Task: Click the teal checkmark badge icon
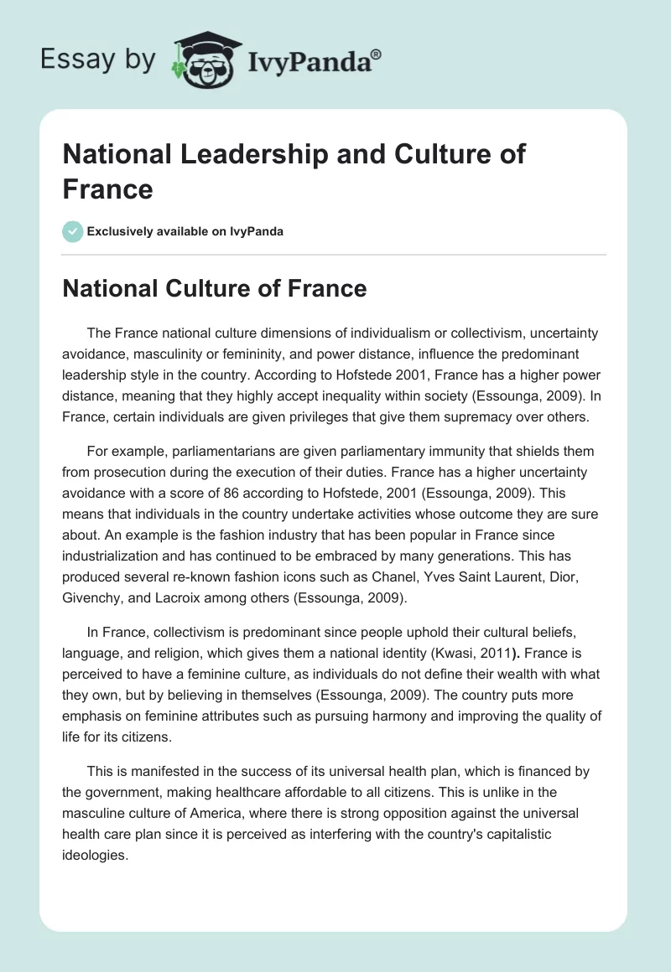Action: pos(73,231)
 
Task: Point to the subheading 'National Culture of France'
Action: pos(215,289)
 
